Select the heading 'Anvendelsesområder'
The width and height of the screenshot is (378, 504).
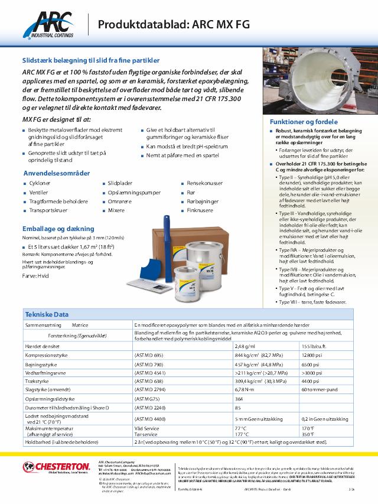pyautogui.click(x=56, y=173)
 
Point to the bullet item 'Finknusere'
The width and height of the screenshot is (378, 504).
pyautogui.click(x=200, y=209)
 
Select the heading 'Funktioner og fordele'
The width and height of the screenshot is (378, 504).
pyautogui.click(x=295, y=122)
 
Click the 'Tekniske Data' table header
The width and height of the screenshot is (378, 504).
pyautogui.click(x=47, y=314)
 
